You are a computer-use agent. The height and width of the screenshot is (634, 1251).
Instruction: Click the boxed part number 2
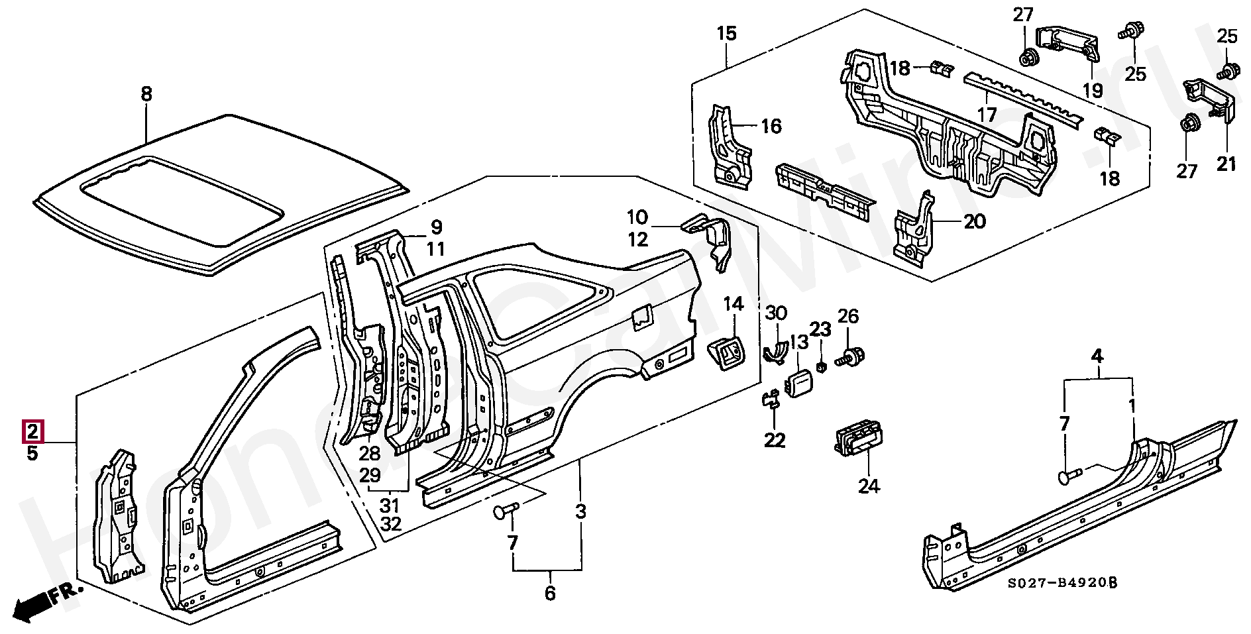(32, 432)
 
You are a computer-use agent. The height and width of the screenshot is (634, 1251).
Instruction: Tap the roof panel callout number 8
(146, 94)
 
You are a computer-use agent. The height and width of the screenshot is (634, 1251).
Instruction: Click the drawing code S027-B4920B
(1062, 583)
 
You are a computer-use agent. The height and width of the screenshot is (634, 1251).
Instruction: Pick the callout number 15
(726, 33)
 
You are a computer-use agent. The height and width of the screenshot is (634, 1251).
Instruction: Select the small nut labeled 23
(820, 366)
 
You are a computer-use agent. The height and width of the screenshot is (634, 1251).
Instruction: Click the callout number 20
(975, 221)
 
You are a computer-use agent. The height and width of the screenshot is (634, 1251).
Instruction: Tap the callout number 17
(987, 115)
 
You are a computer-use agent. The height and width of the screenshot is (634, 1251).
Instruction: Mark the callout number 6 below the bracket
(550, 593)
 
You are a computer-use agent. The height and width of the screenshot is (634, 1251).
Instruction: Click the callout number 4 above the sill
(1097, 356)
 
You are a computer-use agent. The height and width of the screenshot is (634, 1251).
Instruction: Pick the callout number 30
(776, 313)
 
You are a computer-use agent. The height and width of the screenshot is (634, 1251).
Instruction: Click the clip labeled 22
(771, 400)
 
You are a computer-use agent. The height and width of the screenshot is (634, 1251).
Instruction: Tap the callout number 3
(580, 511)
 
